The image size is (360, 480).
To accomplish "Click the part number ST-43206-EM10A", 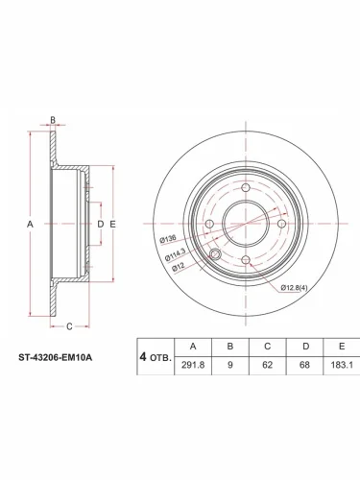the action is pyautogui.click(x=56, y=357).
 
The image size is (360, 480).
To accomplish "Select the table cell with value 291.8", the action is pyautogui.click(x=193, y=365).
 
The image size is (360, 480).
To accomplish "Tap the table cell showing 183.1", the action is pyautogui.click(x=342, y=365).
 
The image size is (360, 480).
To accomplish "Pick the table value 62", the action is pyautogui.click(x=267, y=365).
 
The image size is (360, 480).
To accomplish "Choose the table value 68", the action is pyautogui.click(x=304, y=365).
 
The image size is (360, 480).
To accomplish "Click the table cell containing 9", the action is pyautogui.click(x=230, y=365).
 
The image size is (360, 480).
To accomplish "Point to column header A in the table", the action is pyautogui.click(x=193, y=347).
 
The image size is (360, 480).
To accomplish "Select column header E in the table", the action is pyautogui.click(x=342, y=347).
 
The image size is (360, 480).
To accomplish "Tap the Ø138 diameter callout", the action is pyautogui.click(x=168, y=239).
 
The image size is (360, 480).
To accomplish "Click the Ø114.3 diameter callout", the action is pyautogui.click(x=175, y=254).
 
